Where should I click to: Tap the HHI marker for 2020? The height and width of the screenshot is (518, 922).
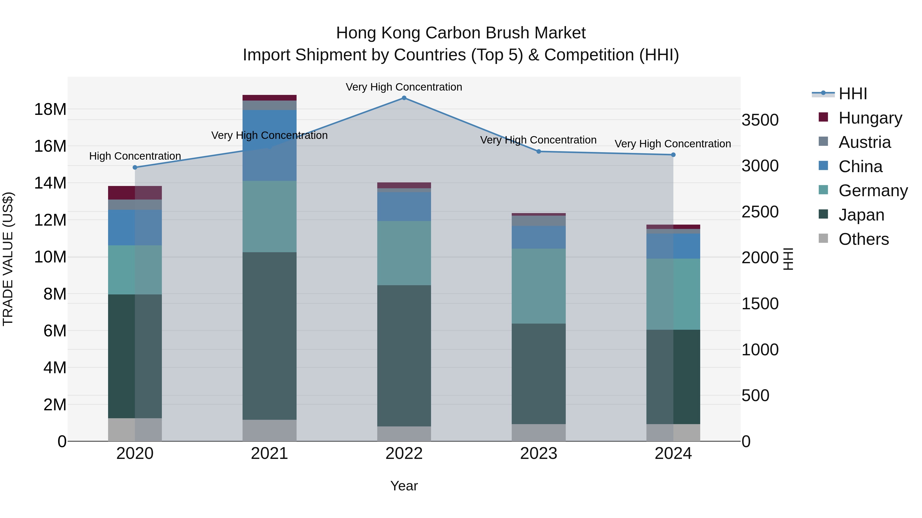pos(135,167)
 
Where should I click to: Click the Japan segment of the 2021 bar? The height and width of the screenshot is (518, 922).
pos(269,336)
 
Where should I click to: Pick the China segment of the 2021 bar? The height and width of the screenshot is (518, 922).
pos(269,145)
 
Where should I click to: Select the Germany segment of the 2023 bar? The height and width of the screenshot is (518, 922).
pos(538,286)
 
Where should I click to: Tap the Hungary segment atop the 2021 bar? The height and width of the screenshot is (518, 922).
pos(269,98)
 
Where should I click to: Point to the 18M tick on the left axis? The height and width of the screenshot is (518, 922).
pos(50,109)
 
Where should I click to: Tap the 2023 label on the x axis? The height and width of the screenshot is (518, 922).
pos(538,454)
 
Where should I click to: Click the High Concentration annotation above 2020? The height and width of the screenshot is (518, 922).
pos(135,156)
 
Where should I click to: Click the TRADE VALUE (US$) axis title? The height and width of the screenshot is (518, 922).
pos(8,259)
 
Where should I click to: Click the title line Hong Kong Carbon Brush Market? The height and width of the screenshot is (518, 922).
pos(461,33)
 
